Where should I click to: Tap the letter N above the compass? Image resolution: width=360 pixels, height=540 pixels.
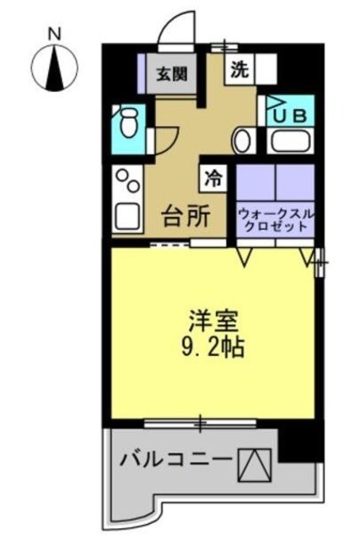tap(55, 34)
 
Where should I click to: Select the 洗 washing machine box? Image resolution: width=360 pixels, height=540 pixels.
tap(239, 70)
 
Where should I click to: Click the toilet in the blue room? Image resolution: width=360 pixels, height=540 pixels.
tap(128, 127)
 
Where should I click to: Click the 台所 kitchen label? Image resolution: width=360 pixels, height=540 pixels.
tap(185, 217)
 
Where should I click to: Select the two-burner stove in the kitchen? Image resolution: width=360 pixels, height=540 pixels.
tap(129, 181)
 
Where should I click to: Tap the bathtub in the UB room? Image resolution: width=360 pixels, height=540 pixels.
tap(292, 140)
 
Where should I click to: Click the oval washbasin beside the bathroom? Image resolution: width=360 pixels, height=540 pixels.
tap(242, 141)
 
